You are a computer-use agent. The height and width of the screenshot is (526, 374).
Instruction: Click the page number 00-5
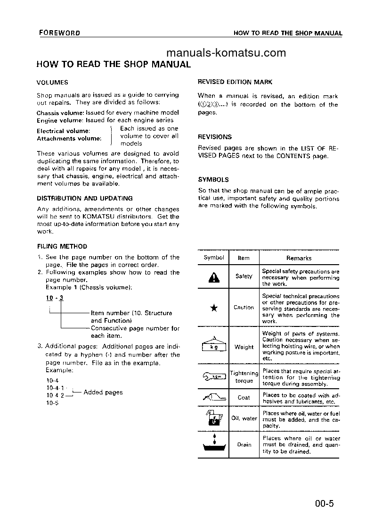(324, 503)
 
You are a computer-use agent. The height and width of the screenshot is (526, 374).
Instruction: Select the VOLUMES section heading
(52, 82)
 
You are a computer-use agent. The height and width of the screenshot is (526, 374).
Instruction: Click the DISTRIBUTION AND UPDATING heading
(84, 198)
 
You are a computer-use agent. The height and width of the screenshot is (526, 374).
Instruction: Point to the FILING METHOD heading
(62, 246)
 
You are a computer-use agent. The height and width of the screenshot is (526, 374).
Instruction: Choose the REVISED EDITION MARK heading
(235, 82)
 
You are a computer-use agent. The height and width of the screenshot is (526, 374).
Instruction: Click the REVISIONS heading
(215, 137)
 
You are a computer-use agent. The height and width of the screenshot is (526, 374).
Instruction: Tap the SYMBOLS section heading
(213, 180)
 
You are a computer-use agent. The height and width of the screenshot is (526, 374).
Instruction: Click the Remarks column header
(299, 258)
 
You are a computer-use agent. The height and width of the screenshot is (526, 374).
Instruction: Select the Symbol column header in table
(213, 258)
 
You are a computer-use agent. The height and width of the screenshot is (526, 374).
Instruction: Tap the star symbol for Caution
(213, 308)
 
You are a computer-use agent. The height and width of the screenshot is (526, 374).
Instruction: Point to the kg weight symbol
(213, 346)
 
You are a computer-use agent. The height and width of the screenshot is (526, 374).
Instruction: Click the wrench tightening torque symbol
(213, 376)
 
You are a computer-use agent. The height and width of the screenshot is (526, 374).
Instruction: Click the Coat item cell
(244, 398)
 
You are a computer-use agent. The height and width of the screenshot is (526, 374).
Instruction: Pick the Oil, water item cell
(244, 418)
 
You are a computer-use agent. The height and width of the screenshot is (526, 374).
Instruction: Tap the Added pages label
(103, 392)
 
